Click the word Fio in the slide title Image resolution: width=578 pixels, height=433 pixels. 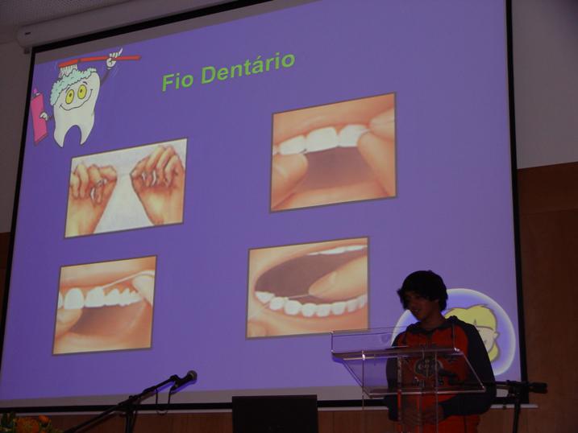click(x=179, y=80)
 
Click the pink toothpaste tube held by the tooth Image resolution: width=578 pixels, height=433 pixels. click(x=38, y=116)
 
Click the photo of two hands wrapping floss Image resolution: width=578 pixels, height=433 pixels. click(x=126, y=187)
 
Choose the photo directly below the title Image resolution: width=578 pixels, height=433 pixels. click(x=333, y=152)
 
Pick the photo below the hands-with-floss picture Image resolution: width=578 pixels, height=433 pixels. click(x=104, y=304)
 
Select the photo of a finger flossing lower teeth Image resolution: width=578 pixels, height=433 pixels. click(x=307, y=287)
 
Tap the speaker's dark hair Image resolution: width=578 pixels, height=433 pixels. click(x=422, y=286)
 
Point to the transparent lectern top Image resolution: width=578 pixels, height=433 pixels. click(x=407, y=355)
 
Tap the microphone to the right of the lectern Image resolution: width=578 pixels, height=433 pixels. click(x=532, y=387)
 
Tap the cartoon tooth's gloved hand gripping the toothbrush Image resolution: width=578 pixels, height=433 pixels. click(x=114, y=58)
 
